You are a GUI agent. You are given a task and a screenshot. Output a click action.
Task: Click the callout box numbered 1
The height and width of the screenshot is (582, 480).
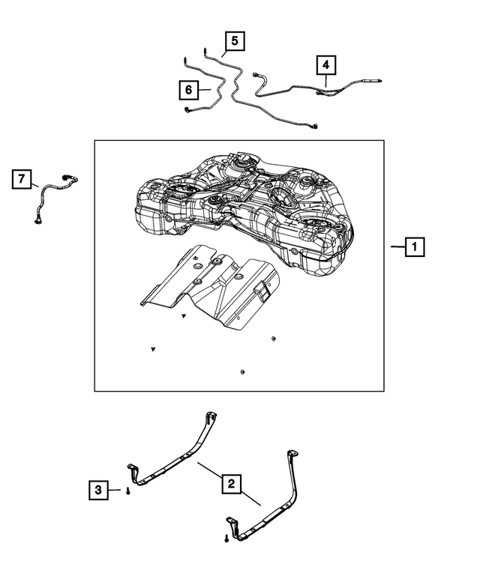click(415, 246)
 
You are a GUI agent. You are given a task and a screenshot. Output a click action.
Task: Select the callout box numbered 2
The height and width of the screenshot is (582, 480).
click(232, 484)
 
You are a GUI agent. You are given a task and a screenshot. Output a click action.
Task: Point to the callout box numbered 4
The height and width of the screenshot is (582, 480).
click(325, 65)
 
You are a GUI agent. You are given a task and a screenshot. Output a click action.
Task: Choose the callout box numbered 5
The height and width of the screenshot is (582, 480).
click(234, 40)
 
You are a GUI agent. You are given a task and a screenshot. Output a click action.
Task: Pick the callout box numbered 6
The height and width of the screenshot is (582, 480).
click(189, 90)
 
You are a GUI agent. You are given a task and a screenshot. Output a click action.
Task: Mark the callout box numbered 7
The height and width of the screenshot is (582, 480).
click(22, 180)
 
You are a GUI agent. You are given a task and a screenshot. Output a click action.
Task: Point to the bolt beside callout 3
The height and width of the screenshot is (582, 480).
click(128, 491)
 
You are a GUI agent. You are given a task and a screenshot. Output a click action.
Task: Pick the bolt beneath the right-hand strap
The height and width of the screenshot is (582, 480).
click(226, 537)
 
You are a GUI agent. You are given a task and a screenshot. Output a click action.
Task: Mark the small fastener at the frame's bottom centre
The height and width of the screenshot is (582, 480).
click(242, 372)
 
